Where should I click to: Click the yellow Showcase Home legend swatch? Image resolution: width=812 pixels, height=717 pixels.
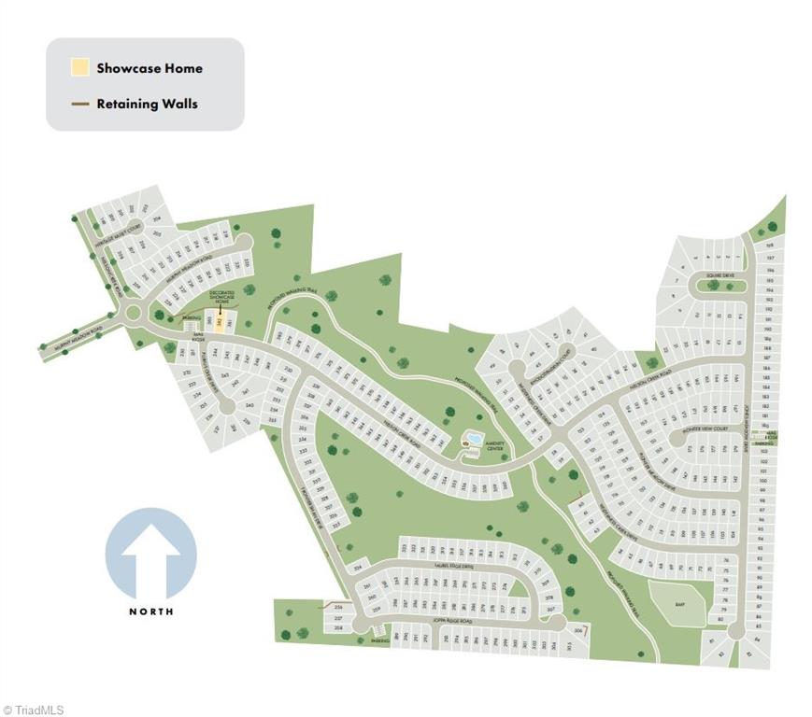pos(80,68)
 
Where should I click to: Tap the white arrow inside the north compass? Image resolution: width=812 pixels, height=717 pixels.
pos(150,557)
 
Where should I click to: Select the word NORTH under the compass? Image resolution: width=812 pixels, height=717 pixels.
pos(150,612)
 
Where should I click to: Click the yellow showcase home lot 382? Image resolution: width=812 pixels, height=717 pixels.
pos(219,321)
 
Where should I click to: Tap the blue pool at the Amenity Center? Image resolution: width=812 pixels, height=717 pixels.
pos(473,438)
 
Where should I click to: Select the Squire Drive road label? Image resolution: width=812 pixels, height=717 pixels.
pos(719,275)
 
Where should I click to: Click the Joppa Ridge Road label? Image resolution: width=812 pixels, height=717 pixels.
pos(451,622)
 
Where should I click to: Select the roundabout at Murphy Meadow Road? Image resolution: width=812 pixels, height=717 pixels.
pos(132,314)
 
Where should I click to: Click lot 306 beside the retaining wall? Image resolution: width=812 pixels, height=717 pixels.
pos(579,632)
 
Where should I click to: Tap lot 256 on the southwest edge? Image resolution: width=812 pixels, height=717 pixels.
pos(338,608)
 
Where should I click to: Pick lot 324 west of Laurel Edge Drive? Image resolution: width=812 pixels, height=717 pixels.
pos(356,566)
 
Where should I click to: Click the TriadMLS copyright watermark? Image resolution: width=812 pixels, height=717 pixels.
pos(34,710)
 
